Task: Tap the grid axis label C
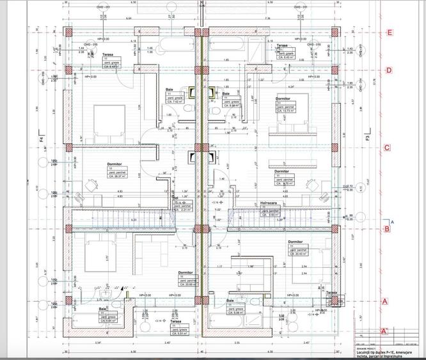click(x=387, y=148)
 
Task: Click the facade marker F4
click(x=40, y=136)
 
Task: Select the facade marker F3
click(x=367, y=136)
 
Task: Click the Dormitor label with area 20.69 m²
click(x=186, y=272)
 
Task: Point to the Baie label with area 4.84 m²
click(x=102, y=308)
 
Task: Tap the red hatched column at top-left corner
click(x=68, y=32)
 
